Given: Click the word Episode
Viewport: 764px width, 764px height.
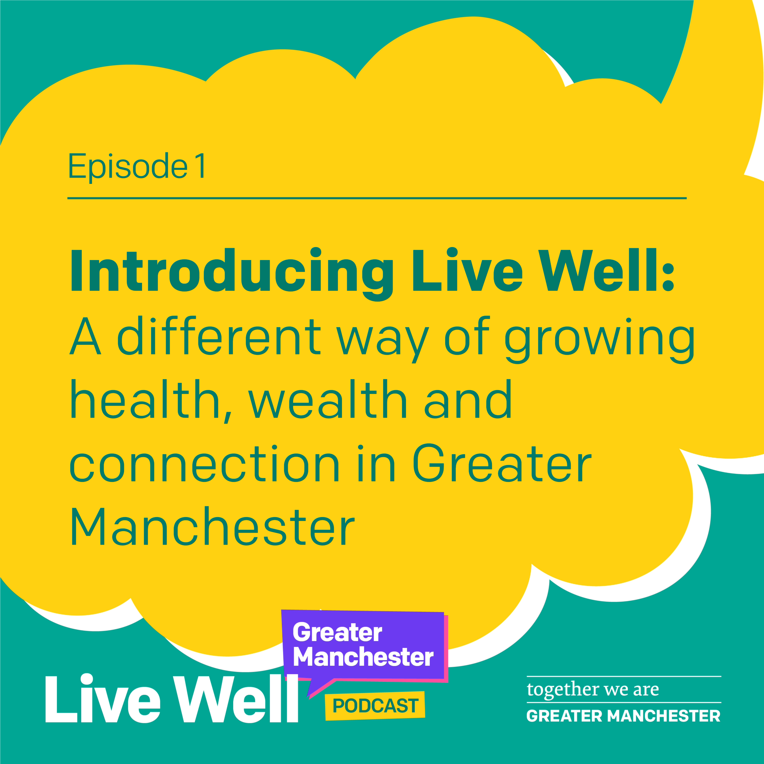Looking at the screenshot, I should coord(127,167).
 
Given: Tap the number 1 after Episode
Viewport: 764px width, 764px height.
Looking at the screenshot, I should coord(200,167).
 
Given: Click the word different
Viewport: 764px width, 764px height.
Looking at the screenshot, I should coord(219,336).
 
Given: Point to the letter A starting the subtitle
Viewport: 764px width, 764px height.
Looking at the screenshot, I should coord(85,336).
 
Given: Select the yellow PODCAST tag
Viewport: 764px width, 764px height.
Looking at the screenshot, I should coord(375,706).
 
